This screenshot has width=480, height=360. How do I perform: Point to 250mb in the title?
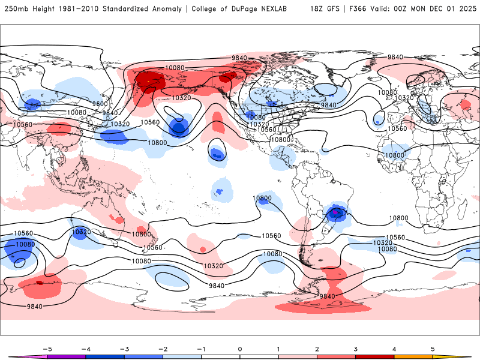tap(17, 9)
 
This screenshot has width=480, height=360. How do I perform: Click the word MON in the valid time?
tap(418, 9)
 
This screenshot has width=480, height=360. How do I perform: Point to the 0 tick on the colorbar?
tap(240, 349)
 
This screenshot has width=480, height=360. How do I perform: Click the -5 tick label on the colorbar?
tap(46, 349)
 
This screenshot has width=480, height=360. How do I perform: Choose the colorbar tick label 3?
tap(356, 349)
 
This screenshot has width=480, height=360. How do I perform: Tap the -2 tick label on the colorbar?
tap(163, 349)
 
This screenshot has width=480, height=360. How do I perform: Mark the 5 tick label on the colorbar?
tap(433, 349)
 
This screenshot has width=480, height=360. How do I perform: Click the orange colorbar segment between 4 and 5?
tap(414, 357)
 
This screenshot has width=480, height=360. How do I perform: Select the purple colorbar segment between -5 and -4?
tap(65, 357)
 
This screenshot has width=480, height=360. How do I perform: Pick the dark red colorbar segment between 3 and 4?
tap(375, 357)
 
